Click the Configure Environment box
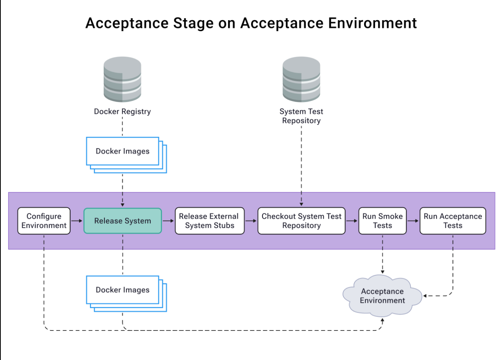[x=44, y=221]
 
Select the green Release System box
[x=122, y=221]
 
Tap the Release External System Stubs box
[x=209, y=221]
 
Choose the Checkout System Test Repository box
[x=301, y=221]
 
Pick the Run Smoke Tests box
[x=382, y=221]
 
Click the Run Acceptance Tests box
[x=452, y=221]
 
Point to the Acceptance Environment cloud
[x=382, y=296]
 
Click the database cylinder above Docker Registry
[x=122, y=79]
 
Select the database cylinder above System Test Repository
[x=301, y=79]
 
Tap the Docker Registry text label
[x=122, y=111]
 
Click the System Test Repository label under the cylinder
[x=301, y=116]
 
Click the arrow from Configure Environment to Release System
[x=77, y=221]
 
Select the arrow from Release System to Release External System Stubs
[x=168, y=221]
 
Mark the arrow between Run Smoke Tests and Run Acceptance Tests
[x=413, y=221]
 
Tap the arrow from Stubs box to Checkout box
[x=251, y=221]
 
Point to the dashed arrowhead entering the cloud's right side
[x=425, y=296]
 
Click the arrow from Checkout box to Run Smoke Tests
[x=352, y=221]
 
